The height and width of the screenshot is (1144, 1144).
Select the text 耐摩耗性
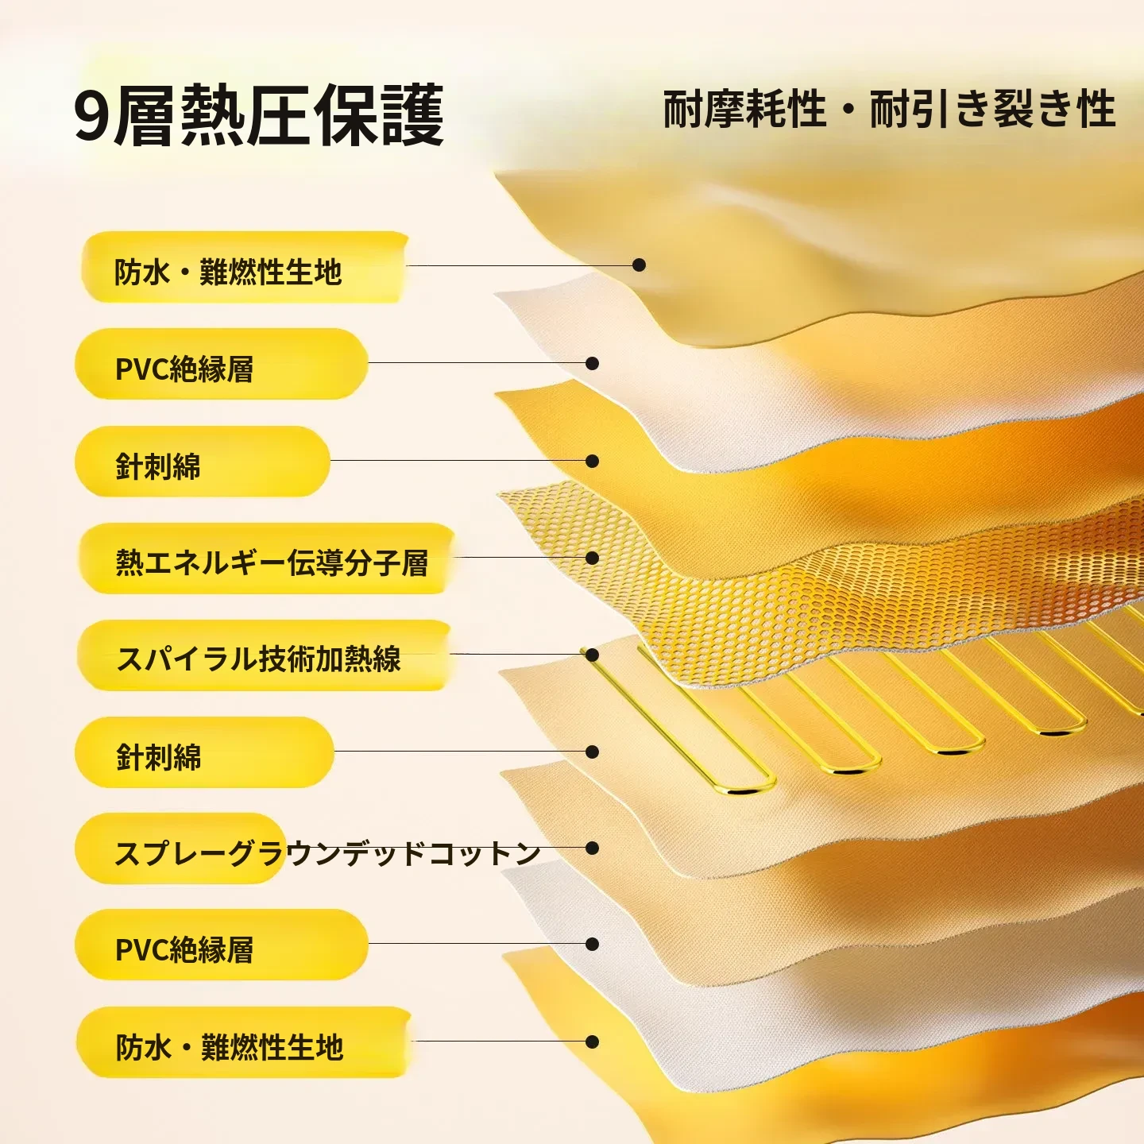[x=744, y=109]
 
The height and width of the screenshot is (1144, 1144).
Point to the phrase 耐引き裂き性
[x=992, y=109]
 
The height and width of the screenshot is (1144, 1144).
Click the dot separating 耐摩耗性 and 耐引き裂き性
[x=848, y=110]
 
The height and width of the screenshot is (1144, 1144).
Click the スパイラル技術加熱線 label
[x=258, y=658]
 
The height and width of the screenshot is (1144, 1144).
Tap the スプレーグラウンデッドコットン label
[x=327, y=852]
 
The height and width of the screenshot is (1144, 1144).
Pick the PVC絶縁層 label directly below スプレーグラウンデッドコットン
[x=184, y=949]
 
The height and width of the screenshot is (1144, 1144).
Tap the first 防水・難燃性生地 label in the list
[x=228, y=272]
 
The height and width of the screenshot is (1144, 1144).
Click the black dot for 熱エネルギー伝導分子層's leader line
[x=592, y=558]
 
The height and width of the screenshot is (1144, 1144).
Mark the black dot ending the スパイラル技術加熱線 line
[x=592, y=654]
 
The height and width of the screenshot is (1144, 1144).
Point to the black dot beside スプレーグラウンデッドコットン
[x=592, y=848]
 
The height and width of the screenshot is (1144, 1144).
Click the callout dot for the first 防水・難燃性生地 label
[x=639, y=265]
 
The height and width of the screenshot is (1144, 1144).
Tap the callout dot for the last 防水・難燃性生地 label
[x=592, y=1042]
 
